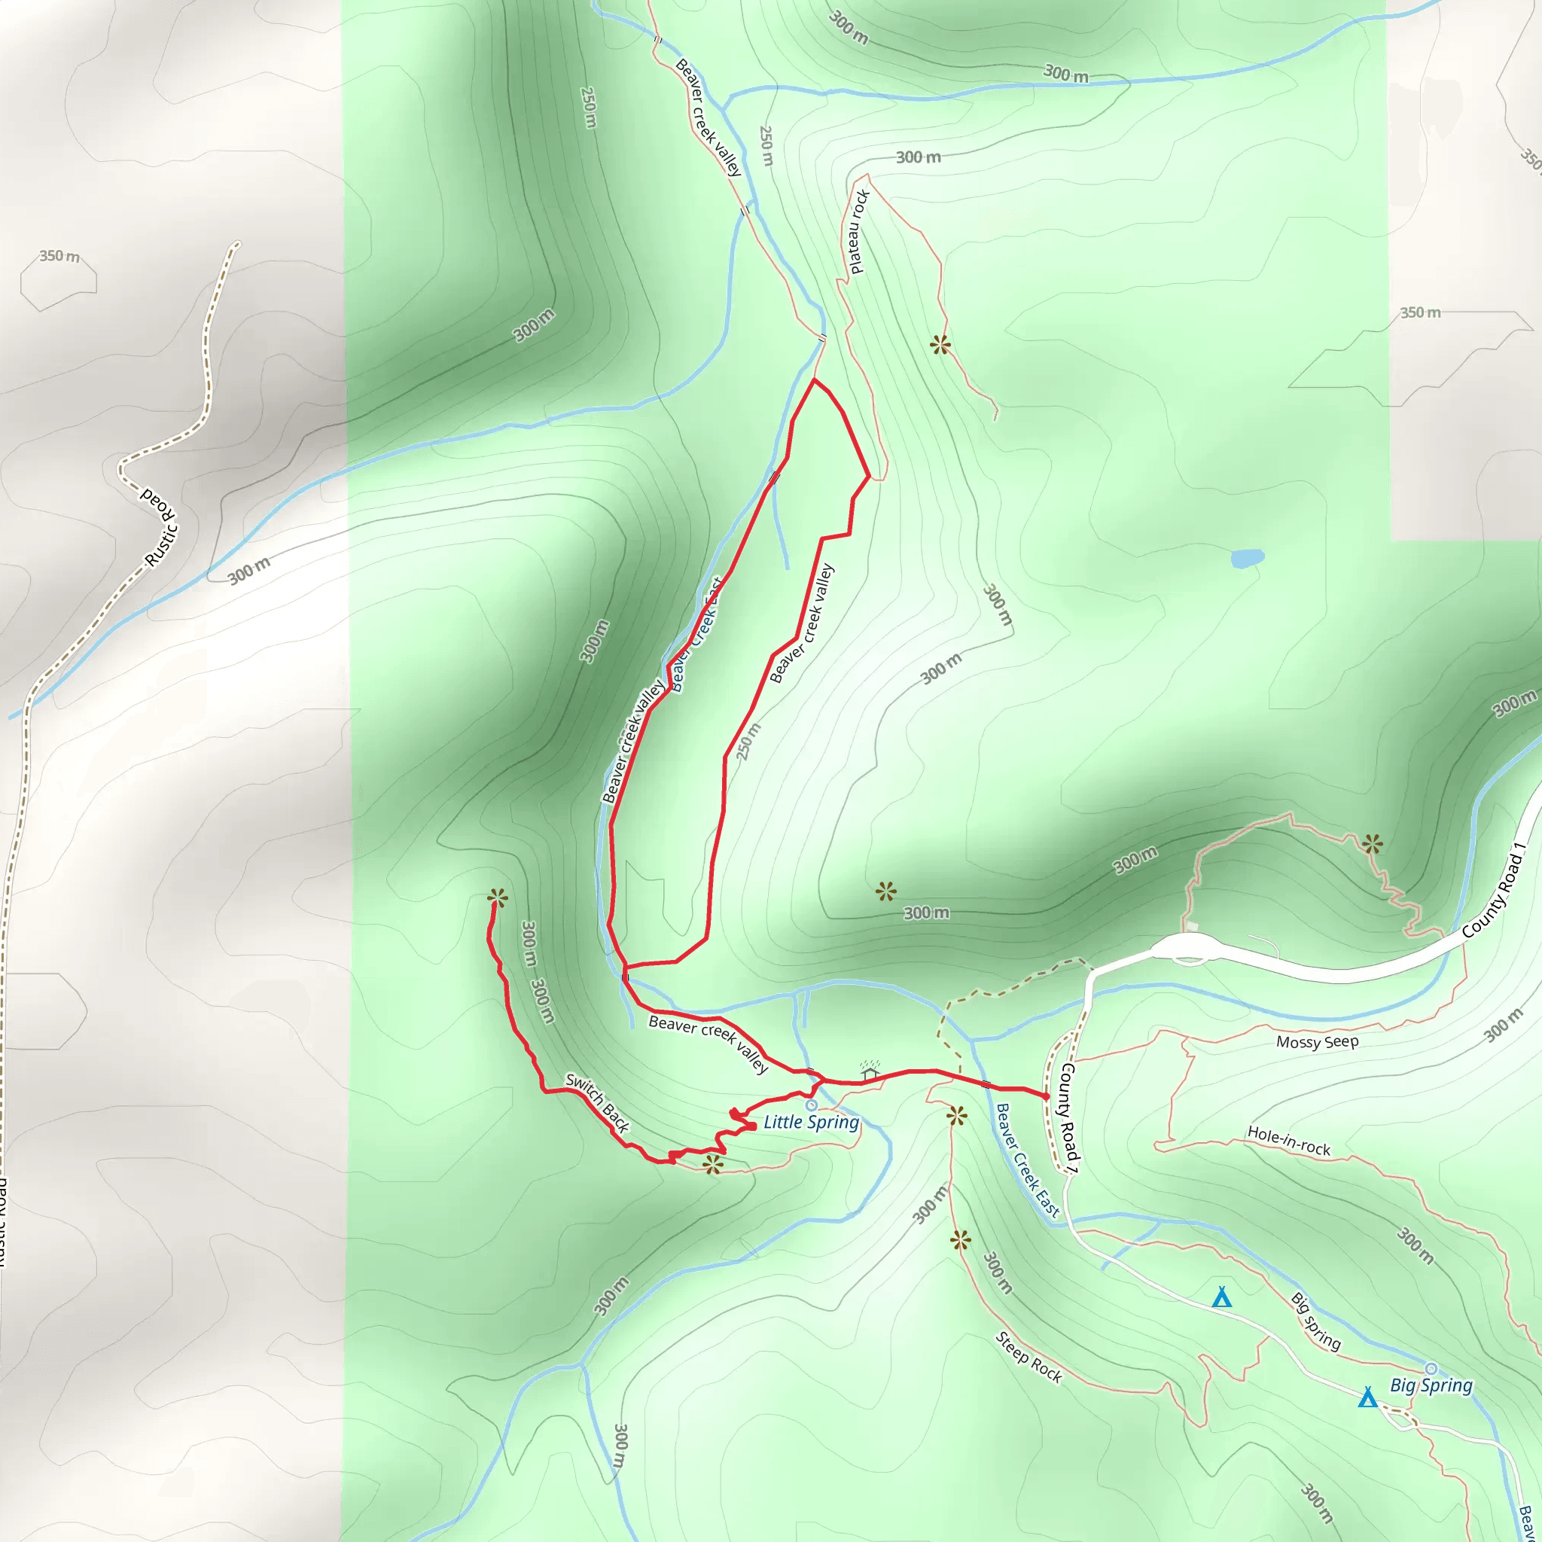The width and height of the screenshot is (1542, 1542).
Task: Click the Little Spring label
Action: (x=811, y=1122)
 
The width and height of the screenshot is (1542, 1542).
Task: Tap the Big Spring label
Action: (x=1431, y=1385)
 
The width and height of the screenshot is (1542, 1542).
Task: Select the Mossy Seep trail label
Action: (x=1317, y=1041)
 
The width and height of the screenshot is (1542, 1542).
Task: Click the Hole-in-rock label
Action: (x=1288, y=1141)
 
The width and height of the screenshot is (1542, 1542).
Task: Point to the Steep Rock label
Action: (x=1028, y=1357)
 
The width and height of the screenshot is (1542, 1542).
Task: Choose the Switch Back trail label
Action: (x=598, y=1103)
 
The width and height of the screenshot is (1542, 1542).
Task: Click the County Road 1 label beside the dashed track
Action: (x=1068, y=1117)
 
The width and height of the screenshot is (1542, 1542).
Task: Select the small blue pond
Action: (x=1247, y=558)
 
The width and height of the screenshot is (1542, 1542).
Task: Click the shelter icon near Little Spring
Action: (x=870, y=1071)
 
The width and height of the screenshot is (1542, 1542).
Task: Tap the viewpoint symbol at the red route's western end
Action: (x=497, y=898)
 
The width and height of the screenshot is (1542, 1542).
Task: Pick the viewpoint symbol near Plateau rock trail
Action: (x=940, y=345)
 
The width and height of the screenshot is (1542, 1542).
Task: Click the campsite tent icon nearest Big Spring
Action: (x=1368, y=1397)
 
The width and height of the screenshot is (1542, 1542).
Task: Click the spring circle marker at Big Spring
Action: (x=1431, y=1369)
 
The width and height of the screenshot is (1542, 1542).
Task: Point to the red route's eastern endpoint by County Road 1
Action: (x=1047, y=1098)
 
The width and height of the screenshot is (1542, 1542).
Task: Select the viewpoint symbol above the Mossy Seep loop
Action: (x=1372, y=843)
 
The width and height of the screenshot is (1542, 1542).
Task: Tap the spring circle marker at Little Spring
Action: (x=812, y=1105)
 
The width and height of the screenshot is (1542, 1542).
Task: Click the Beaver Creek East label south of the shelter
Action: (x=1027, y=1160)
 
